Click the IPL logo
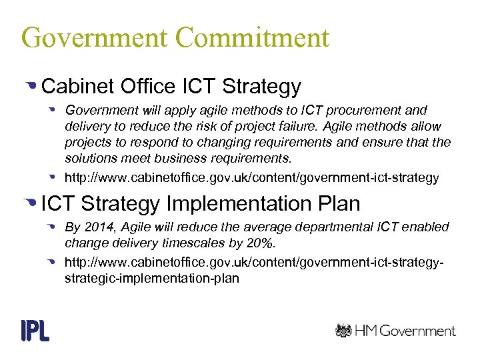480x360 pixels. point(35,330)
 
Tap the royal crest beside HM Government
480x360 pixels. point(343,330)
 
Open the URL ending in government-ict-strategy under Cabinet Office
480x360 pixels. point(252,178)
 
